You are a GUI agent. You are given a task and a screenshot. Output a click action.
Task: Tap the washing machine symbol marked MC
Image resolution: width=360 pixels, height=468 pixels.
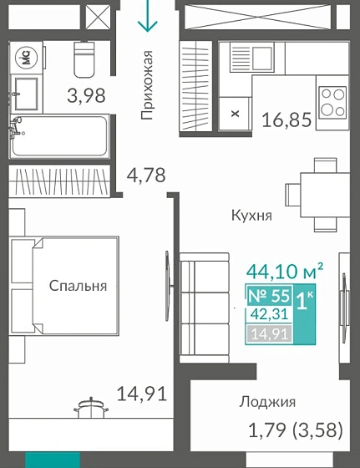(26, 58)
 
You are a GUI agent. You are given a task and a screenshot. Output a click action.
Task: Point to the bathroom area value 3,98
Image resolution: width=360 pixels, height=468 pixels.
(86, 95)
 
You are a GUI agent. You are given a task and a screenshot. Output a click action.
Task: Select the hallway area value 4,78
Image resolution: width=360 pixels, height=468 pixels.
(146, 175)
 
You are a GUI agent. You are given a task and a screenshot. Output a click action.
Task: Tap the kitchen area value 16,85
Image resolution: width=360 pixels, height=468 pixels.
(288, 120)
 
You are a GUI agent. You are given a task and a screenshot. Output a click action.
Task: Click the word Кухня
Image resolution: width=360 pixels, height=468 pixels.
(252, 215)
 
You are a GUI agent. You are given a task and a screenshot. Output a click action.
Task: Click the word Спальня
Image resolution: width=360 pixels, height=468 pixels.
(78, 286)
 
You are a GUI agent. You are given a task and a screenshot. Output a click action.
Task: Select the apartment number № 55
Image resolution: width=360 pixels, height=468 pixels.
(269, 296)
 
